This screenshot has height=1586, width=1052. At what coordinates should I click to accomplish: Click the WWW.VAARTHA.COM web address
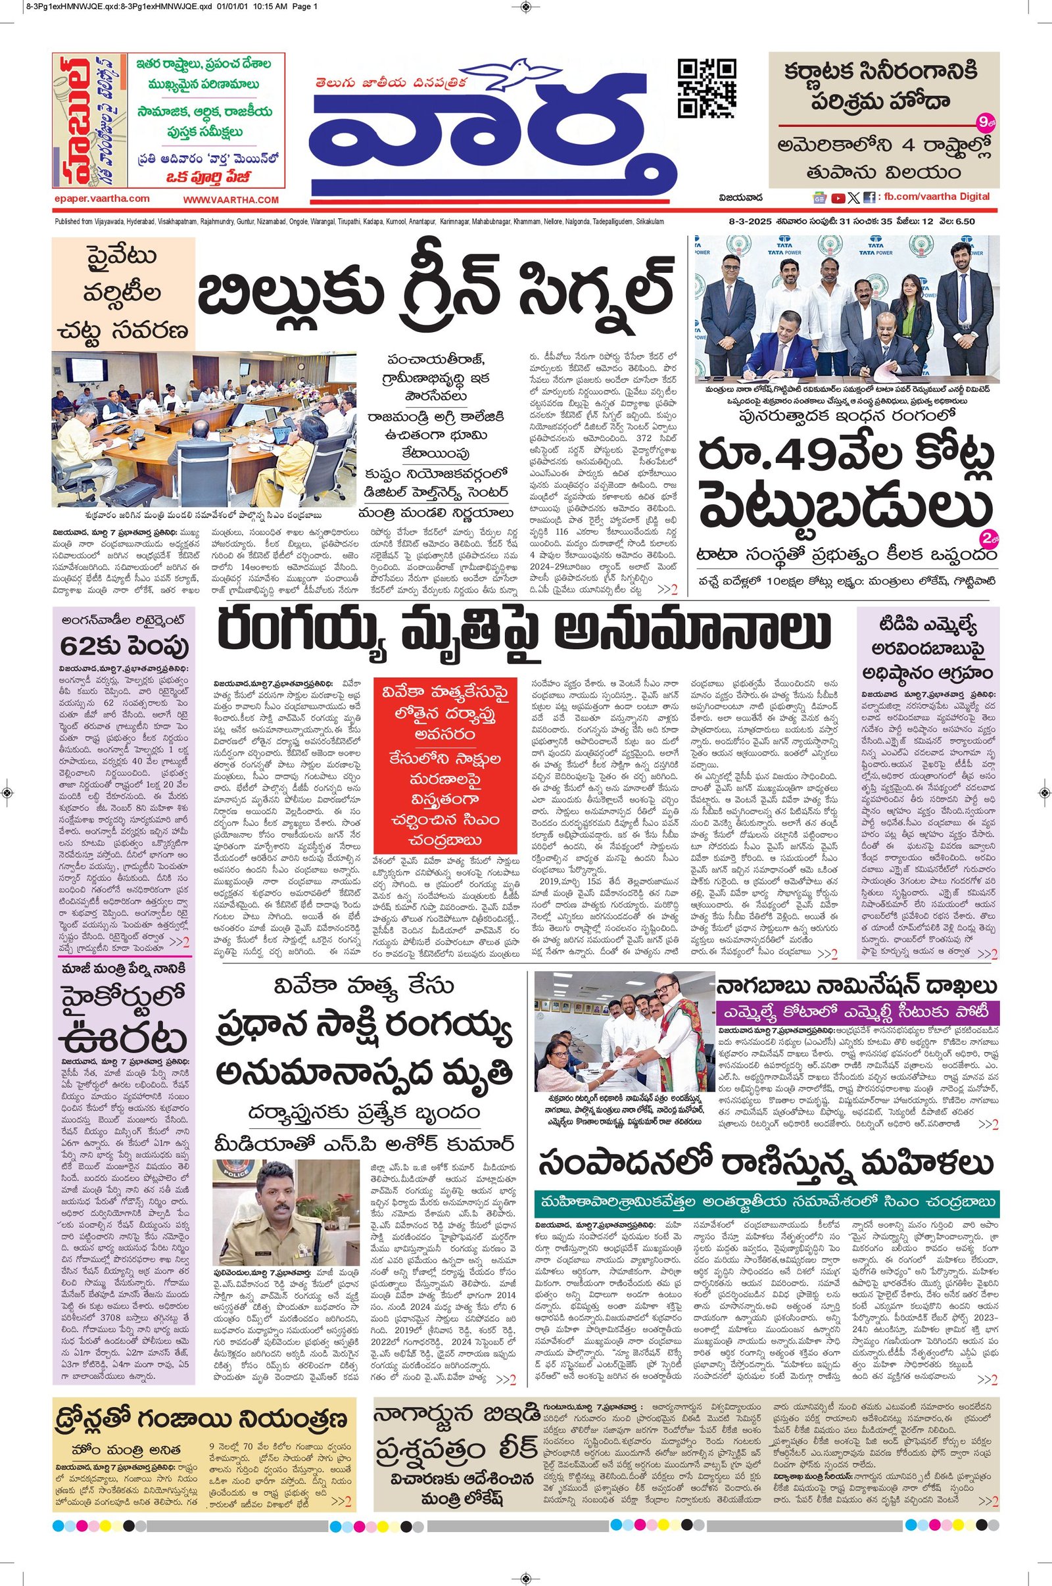[x=231, y=200]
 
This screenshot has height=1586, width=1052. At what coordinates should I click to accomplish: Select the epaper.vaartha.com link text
[x=102, y=199]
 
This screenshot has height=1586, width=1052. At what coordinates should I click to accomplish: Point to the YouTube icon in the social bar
[x=838, y=198]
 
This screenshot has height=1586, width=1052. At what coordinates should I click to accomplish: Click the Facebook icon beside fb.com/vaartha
[x=869, y=198]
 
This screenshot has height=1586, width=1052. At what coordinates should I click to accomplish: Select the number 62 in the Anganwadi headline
[x=78, y=647]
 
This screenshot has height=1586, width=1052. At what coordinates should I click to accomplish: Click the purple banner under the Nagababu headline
[x=857, y=1013]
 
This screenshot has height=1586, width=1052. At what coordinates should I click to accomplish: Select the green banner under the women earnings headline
[x=766, y=1200]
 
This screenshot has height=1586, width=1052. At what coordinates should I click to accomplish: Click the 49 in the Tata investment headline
[x=785, y=456]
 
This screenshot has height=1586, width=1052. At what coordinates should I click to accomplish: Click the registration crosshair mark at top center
[x=525, y=6]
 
